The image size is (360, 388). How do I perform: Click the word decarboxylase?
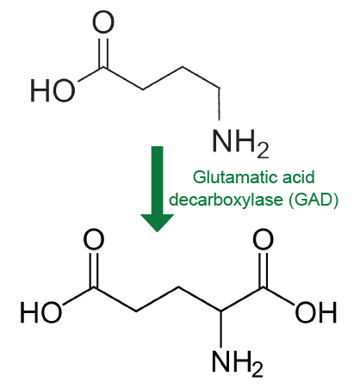coord(226,199)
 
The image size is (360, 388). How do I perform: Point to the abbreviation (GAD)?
coord(314,200)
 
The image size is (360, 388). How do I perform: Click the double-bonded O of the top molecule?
coord(103,22)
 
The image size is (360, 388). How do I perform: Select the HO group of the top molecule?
coord(53,90)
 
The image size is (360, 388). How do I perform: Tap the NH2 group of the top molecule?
coord(240,143)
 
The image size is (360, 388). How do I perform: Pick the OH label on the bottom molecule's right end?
coord(316,312)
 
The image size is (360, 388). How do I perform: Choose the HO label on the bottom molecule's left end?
coord(41,312)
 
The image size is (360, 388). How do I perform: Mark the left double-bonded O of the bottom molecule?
coord(94,239)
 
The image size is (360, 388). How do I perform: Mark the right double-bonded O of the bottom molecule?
coord(264,239)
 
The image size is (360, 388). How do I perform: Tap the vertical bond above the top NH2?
coord(220,104)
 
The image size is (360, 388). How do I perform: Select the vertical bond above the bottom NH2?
coord(220,329)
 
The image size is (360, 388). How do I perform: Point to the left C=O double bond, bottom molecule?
coord(94,270)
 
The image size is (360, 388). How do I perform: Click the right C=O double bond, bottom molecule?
coord(264,270)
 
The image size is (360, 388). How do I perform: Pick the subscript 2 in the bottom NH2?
coord(258,370)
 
